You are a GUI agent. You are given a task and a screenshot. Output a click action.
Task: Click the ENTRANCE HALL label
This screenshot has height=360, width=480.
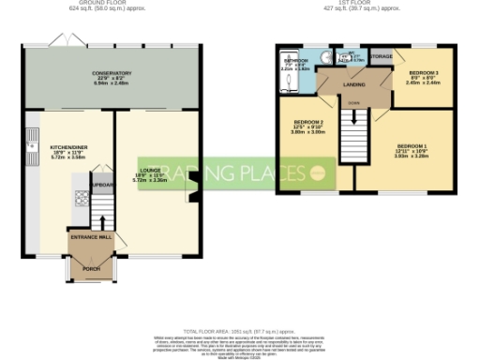pyautogui.click(x=92, y=238)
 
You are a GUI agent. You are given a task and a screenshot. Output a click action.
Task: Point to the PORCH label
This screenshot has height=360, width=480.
pyautogui.click(x=91, y=269)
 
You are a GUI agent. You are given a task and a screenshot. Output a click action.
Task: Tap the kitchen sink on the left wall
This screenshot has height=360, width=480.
pyautogui.click(x=30, y=141)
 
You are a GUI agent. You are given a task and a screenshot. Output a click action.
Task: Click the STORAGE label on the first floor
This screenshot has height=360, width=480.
pyautogui.click(x=381, y=56)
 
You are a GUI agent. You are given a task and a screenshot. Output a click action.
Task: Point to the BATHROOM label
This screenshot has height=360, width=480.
pyautogui.click(x=295, y=62)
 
